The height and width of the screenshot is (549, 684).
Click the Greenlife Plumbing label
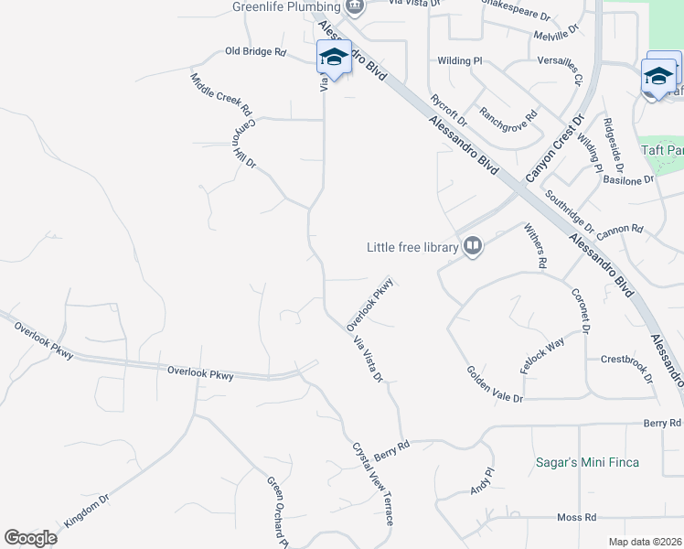click(x=286, y=7)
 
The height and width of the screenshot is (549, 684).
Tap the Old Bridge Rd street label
click(x=256, y=52)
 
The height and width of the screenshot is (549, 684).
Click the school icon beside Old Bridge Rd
click(x=334, y=58)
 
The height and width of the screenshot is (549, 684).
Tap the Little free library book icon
click(x=473, y=245)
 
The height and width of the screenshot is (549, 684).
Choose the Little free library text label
click(x=411, y=246)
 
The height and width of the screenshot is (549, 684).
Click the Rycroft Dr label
click(x=448, y=109)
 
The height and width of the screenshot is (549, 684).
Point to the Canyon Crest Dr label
click(x=554, y=147)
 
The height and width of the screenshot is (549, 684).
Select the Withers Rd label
click(x=535, y=245)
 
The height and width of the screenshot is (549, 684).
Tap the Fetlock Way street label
click(x=542, y=354)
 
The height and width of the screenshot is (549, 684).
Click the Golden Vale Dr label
click(x=495, y=385)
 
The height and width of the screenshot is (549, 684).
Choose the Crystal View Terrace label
click(x=373, y=484)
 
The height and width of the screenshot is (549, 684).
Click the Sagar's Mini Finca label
click(x=587, y=462)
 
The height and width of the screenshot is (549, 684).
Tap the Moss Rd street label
click(x=576, y=517)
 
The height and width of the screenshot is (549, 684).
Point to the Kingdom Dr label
click(x=87, y=511)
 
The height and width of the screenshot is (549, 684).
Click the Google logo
click(x=30, y=538)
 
